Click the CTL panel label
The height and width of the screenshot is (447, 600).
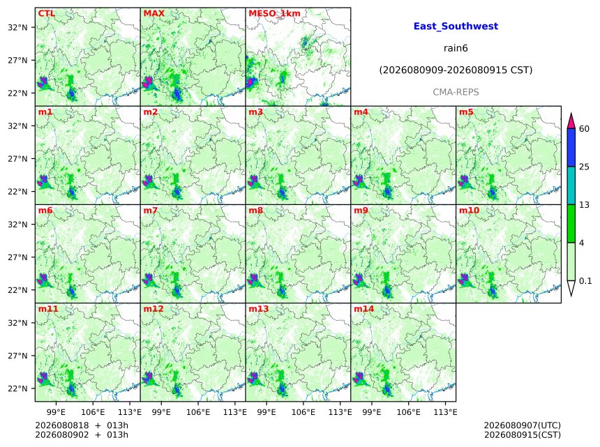(x=46, y=13)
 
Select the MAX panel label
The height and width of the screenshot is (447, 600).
(x=153, y=13)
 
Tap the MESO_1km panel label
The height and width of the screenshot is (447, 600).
(x=274, y=14)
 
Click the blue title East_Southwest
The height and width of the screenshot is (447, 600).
(x=456, y=26)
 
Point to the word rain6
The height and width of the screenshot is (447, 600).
(x=456, y=48)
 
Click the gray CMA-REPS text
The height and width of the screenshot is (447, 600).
(x=456, y=92)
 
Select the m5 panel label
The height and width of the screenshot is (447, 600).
(x=466, y=112)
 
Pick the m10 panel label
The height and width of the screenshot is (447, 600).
(x=469, y=211)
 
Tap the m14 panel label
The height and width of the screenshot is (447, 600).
(x=363, y=309)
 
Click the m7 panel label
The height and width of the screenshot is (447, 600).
(x=151, y=211)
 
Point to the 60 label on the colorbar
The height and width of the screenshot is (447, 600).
(x=584, y=129)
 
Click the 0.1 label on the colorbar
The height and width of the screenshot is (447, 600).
(x=585, y=281)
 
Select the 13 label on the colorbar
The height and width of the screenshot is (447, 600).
(x=584, y=205)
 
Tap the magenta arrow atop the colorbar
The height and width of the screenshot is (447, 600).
(x=571, y=121)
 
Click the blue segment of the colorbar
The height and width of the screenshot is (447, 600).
(x=571, y=148)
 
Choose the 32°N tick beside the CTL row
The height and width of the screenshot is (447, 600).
(x=17, y=27)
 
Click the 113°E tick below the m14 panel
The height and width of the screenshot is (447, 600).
(x=446, y=412)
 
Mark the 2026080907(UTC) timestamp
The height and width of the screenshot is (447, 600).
(x=523, y=425)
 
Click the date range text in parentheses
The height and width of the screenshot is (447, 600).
(x=456, y=70)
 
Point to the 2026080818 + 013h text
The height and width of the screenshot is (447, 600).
(x=82, y=425)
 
